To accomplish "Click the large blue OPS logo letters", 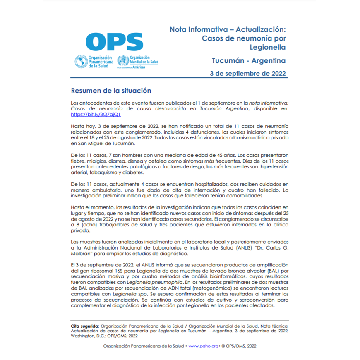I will coord(114,42).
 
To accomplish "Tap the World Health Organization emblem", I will coord(123,61).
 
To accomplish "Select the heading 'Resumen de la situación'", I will coord(111,91).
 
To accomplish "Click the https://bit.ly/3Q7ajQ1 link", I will coord(90,114).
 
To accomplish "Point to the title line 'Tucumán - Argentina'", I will coord(249,60).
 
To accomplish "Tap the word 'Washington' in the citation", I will coord(84,336).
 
